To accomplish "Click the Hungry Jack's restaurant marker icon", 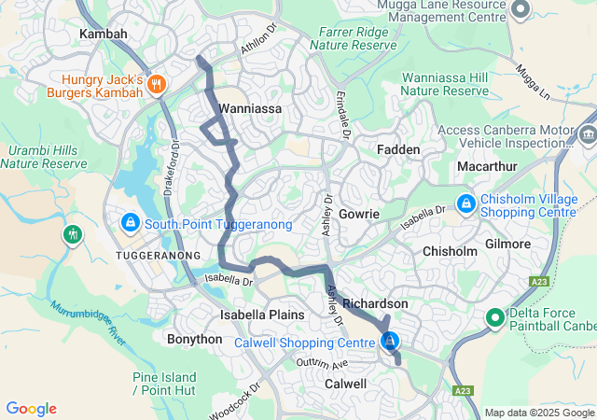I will tap(156, 83).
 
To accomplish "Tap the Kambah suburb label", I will tap(103, 34).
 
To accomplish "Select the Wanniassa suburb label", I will tap(244, 108).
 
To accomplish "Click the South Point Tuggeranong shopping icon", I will tap(131, 224).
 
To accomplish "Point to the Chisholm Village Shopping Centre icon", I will tap(465, 203).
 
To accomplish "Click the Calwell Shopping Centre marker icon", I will tap(390, 343).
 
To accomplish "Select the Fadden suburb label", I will tap(398, 149).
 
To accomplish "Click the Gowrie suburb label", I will tap(359, 214).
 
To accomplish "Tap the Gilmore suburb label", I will tap(507, 244).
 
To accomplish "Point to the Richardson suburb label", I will tap(375, 304).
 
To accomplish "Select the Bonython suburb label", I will tap(194, 339).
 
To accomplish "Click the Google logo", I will tap(31, 408).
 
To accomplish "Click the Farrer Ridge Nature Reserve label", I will tap(353, 37).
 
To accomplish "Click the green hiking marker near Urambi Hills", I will tap(73, 233).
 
